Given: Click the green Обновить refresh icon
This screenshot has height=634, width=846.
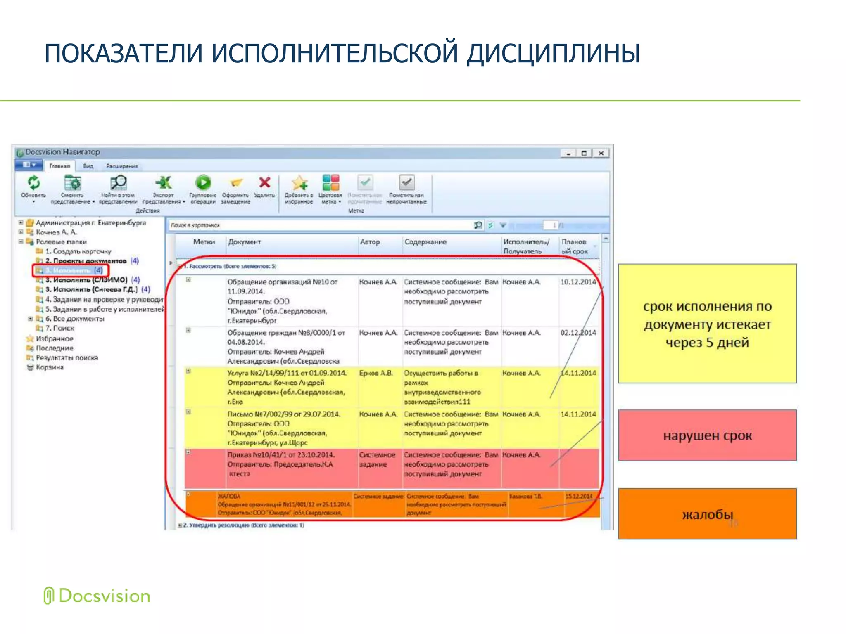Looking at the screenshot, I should tap(33, 182).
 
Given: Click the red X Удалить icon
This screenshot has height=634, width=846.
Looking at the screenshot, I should tap(264, 182).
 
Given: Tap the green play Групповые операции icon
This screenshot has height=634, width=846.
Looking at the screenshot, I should tap(203, 182).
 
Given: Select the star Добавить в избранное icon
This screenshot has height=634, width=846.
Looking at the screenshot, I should tap(299, 183).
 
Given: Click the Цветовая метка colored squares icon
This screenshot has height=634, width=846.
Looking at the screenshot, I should tap(331, 182).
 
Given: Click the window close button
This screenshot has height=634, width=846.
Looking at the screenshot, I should tap(601, 153).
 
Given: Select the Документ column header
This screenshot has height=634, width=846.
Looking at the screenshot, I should tap(245, 242).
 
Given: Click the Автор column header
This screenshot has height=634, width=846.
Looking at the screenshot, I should tap(370, 242).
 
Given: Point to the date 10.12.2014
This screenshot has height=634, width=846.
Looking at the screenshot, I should tap(578, 282).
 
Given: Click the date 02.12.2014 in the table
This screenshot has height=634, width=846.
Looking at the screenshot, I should tap(578, 333).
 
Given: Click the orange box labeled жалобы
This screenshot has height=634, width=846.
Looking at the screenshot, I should tap(707, 514).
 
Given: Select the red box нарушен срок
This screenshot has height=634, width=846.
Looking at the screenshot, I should tap(707, 435).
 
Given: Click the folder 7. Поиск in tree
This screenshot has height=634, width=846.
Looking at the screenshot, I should tap(59, 329).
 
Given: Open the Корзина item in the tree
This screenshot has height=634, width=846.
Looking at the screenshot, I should tap(50, 367).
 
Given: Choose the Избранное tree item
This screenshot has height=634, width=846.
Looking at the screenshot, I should tap(54, 338).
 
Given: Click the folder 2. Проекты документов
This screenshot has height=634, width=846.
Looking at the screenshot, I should tap(86, 261).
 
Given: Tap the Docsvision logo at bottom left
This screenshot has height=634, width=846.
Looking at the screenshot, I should tap(97, 596).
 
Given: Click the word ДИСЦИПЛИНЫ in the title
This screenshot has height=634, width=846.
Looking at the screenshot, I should tap(554, 54).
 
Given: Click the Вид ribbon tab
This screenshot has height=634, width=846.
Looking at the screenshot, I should tap(88, 166).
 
